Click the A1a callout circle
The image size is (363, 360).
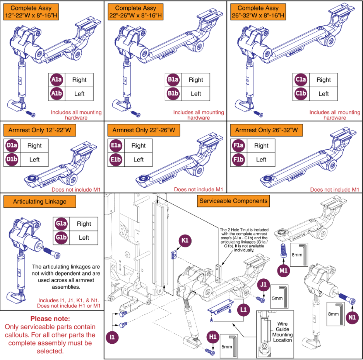point(57,80)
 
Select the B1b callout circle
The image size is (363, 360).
point(173,94)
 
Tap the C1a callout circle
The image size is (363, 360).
point(301,80)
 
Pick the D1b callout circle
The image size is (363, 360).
point(12,159)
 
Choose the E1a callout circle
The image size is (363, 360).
point(116,146)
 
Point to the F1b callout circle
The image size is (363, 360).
point(238,159)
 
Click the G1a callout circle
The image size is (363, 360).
point(61,224)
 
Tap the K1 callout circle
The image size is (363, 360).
point(185,240)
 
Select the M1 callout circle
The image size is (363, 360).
point(284,271)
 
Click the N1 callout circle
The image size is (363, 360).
point(352,317)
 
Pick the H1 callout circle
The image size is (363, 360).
point(212,337)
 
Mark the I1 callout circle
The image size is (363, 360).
point(112,337)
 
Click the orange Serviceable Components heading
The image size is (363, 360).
point(233,201)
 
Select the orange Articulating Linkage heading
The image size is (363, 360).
point(39,202)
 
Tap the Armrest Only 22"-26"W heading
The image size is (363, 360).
point(144,130)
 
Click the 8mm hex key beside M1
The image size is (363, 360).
point(305,254)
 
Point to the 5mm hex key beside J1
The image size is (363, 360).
point(284,297)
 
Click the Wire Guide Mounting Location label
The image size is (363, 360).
point(282,332)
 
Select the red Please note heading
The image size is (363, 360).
point(50,319)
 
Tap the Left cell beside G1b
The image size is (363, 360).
point(84,238)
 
